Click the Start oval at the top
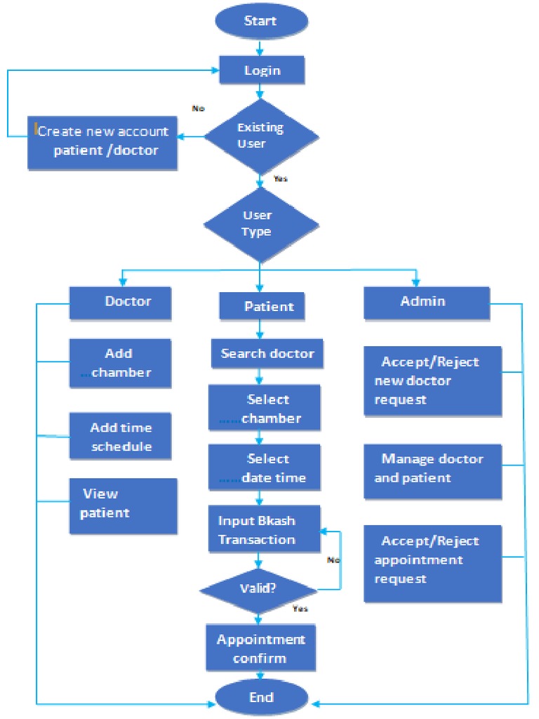pyautogui.click(x=260, y=21)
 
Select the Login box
pyautogui.click(x=262, y=70)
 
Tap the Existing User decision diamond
pyautogui.click(x=260, y=136)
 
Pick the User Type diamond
pyautogui.click(x=260, y=224)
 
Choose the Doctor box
pyautogui.click(x=120, y=302)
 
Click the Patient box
pyautogui.click(x=260, y=307)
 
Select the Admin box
pyautogui.click(x=426, y=302)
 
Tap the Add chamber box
pyautogui.click(x=120, y=363)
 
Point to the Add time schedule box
pyautogui.click(x=120, y=437)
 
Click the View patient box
pyautogui.click(x=123, y=506)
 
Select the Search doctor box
pyautogui.click(x=267, y=354)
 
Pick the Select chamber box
pyautogui.click(x=264, y=409)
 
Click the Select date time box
pyautogui.click(x=264, y=468)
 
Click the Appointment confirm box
pyautogui.click(x=260, y=649)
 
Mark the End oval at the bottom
pyautogui.click(x=260, y=698)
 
